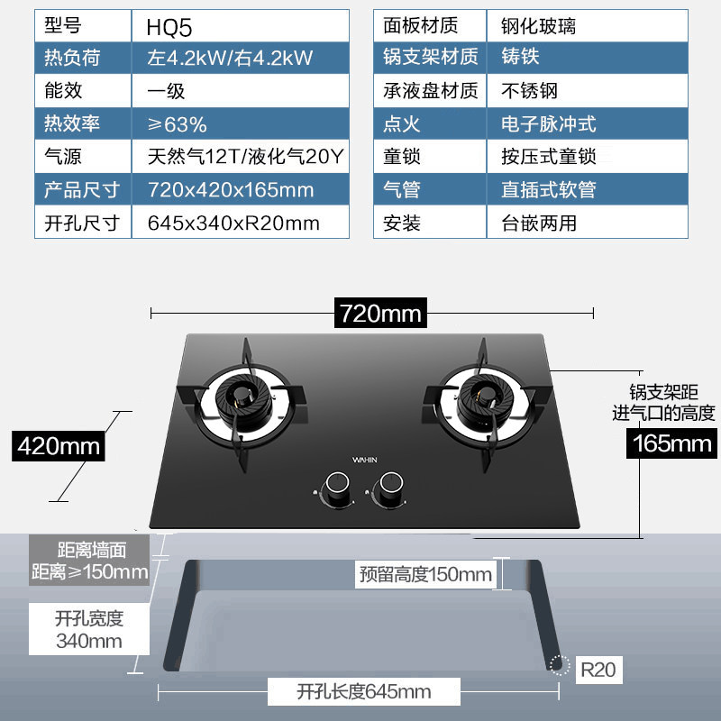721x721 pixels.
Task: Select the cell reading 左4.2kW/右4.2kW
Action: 230,59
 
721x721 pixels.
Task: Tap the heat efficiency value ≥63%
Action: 178,124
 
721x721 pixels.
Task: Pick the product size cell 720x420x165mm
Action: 230,190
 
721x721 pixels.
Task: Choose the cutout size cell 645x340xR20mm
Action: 233,223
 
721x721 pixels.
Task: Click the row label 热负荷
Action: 72,59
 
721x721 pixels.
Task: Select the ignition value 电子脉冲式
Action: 549,124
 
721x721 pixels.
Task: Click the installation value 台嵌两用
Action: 538,223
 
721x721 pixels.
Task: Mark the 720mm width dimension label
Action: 380,314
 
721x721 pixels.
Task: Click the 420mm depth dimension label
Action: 59,445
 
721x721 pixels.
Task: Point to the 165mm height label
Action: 671,443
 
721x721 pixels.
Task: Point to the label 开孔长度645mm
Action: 364,692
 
